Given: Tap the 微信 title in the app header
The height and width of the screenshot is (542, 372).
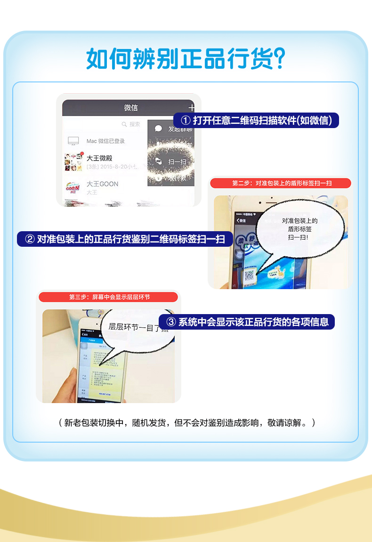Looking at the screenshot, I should pyautogui.click(x=131, y=108).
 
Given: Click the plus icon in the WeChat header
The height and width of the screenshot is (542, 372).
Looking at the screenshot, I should pyautogui.click(x=192, y=107).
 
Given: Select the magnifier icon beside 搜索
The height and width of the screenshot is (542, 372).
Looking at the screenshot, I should pyautogui.click(x=124, y=124).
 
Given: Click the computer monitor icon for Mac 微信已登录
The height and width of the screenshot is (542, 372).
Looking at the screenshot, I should pyautogui.click(x=73, y=141).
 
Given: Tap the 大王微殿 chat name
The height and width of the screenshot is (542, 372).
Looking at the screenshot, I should pyautogui.click(x=99, y=158).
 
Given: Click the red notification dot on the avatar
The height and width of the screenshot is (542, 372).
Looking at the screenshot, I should pyautogui.click(x=82, y=154).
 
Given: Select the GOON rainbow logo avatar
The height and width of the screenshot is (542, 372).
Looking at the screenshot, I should pyautogui.click(x=73, y=187).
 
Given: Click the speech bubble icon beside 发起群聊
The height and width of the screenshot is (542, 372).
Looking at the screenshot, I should pyautogui.click(x=159, y=129).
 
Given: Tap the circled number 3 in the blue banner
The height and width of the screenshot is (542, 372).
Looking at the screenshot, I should pyautogui.click(x=171, y=322).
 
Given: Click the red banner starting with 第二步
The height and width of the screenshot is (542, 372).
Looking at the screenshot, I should pyautogui.click(x=281, y=183).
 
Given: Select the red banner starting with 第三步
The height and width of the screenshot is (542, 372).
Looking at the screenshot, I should pyautogui.click(x=109, y=297).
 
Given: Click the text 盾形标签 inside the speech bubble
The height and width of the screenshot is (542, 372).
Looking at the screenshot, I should pyautogui.click(x=299, y=229).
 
